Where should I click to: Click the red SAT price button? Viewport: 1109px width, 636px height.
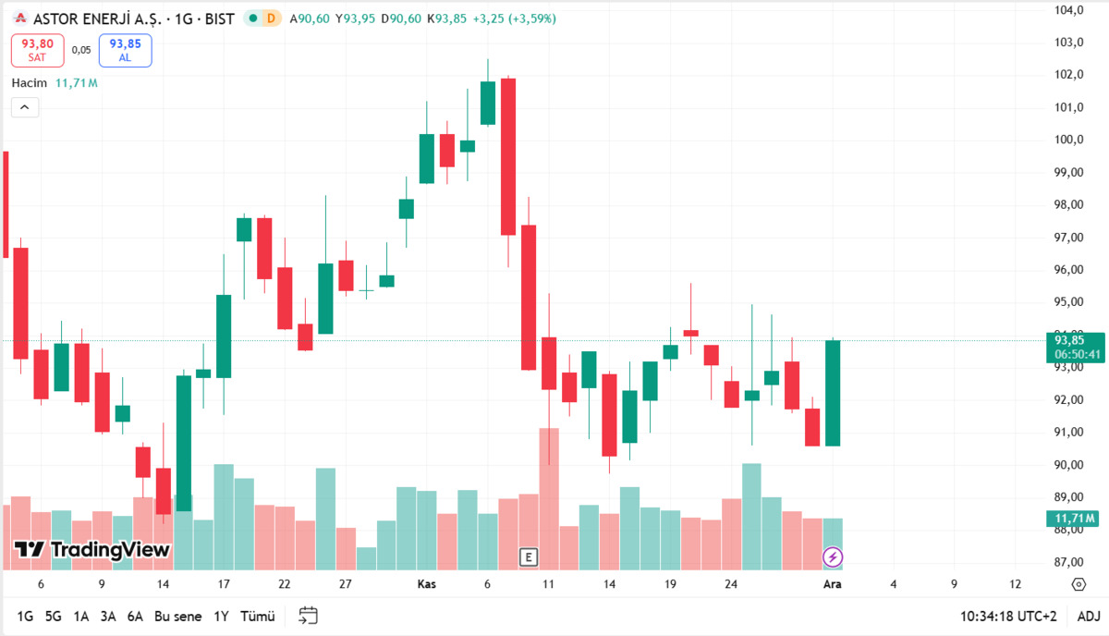point(38,50)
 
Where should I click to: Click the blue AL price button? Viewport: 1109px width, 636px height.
point(126,50)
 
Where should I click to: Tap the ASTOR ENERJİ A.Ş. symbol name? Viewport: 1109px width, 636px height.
point(98,18)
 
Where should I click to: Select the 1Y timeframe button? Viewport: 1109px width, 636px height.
point(221,617)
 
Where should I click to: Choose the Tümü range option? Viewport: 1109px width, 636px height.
point(258,617)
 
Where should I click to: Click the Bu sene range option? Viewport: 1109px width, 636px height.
point(177,617)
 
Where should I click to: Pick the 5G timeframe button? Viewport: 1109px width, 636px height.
point(53,617)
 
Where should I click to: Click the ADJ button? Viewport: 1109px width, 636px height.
point(1089,617)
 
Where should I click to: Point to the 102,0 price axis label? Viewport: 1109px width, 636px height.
point(1069,74)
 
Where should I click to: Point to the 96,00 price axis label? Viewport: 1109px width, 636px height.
point(1069,269)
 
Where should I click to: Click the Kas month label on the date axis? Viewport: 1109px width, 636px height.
point(426,584)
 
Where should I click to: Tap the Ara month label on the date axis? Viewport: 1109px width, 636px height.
point(833,584)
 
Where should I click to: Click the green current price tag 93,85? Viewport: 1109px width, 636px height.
point(1076,348)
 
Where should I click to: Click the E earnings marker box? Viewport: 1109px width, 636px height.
point(529,557)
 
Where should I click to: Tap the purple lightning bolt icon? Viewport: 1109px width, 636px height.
point(833,556)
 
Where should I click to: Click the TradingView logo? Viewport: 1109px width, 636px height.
point(92,549)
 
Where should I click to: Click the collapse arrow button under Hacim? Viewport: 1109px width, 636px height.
point(25,107)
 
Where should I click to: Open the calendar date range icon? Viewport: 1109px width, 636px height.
point(308,616)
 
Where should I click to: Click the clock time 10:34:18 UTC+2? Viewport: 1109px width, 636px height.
point(1008,617)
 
